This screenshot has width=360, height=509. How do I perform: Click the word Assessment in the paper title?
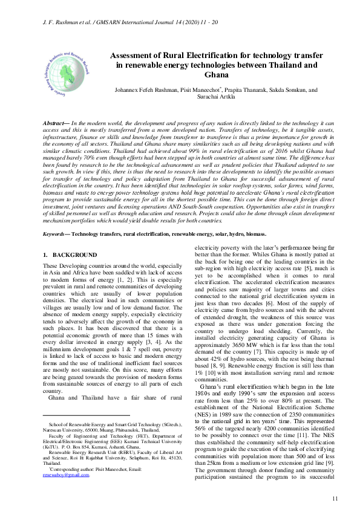[x=134, y=55]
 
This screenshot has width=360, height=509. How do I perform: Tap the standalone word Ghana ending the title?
[x=217, y=75]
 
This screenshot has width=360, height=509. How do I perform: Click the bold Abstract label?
[x=55, y=123]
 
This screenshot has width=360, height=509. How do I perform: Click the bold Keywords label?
[x=58, y=216]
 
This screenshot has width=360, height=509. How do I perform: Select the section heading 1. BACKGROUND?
[x=70, y=254]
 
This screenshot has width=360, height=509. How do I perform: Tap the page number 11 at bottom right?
[x=336, y=498]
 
